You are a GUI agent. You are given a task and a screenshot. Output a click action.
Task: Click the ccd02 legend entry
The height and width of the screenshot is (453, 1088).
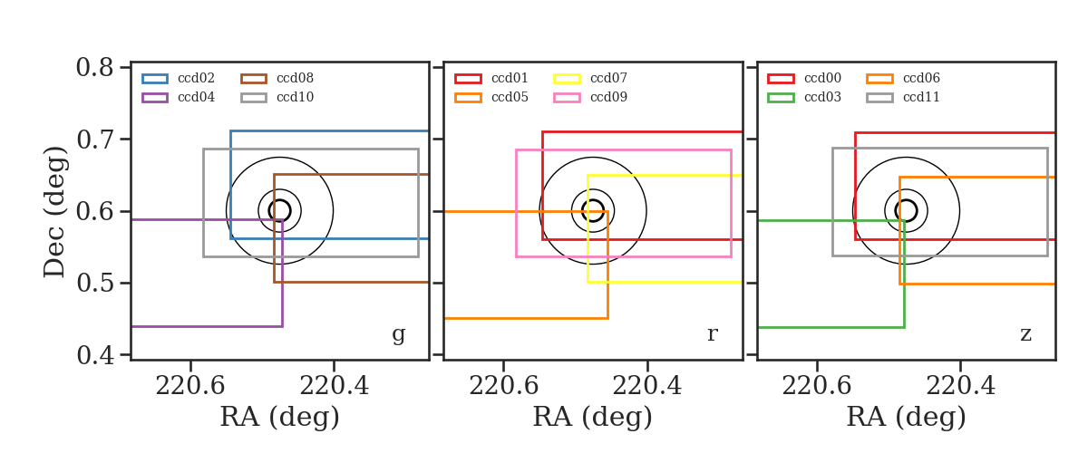(x=179, y=78)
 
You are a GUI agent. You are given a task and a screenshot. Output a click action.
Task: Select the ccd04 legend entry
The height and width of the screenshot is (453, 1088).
(x=179, y=97)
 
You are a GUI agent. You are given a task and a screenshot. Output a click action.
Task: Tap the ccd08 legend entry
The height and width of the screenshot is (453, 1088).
(x=277, y=78)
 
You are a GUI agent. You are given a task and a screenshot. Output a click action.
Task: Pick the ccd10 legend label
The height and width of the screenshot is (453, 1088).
(x=296, y=97)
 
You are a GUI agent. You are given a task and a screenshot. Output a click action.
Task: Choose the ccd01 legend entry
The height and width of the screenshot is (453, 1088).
(x=491, y=78)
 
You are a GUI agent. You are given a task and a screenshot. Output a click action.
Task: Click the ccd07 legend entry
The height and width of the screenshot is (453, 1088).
(x=590, y=78)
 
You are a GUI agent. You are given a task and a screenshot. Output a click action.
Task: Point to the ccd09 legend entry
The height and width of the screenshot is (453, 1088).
(x=590, y=97)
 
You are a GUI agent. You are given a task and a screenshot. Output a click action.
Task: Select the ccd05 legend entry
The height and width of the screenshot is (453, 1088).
(x=491, y=97)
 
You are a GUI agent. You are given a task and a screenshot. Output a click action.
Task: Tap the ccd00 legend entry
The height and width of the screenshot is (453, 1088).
(x=804, y=78)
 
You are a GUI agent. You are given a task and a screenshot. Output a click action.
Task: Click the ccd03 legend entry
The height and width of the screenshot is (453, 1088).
(x=804, y=97)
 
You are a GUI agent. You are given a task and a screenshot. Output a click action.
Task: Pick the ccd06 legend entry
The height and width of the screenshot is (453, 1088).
(x=903, y=78)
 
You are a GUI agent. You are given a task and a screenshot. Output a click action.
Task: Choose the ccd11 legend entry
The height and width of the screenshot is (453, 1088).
(x=903, y=97)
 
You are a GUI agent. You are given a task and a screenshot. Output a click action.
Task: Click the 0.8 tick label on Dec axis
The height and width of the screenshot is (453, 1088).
(x=95, y=67)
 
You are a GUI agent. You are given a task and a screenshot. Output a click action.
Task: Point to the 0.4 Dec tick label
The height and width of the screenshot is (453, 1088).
(x=95, y=355)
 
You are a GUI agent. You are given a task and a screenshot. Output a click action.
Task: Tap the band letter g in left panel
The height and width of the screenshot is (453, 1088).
(x=398, y=334)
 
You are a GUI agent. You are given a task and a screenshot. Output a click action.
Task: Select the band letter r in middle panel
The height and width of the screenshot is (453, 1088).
(x=712, y=334)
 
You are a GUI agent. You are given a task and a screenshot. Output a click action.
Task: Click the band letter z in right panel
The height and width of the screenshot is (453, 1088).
(x=1025, y=334)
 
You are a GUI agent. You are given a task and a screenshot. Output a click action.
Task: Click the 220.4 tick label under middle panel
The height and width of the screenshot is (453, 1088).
(x=647, y=386)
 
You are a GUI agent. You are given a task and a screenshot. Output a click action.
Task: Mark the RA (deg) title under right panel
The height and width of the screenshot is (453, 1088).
(x=907, y=417)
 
